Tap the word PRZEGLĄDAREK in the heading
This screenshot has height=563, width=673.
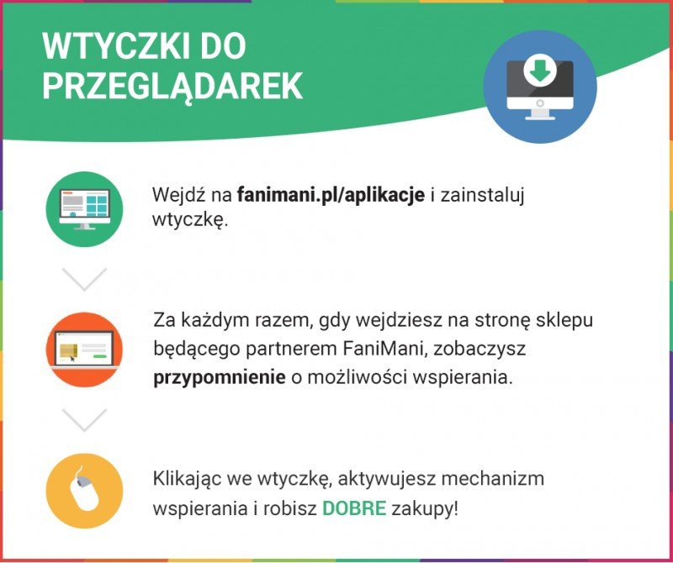(x=172, y=87)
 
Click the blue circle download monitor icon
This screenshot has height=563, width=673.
(x=540, y=87)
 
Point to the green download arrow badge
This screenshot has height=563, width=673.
(x=540, y=70)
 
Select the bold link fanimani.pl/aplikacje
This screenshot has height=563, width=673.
(x=331, y=195)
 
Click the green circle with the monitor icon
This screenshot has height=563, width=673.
(x=85, y=209)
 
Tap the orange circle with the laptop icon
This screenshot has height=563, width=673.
(x=85, y=350)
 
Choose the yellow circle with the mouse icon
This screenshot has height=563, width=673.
(x=85, y=491)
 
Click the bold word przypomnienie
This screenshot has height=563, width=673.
(x=220, y=378)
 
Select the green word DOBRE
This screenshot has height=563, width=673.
(x=354, y=508)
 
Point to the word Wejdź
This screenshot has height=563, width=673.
(x=178, y=195)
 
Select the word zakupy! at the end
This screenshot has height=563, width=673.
(x=425, y=509)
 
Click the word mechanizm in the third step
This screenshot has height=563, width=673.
(x=493, y=478)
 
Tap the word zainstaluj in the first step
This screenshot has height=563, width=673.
(x=482, y=196)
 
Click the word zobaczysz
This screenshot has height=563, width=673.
(x=479, y=350)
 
